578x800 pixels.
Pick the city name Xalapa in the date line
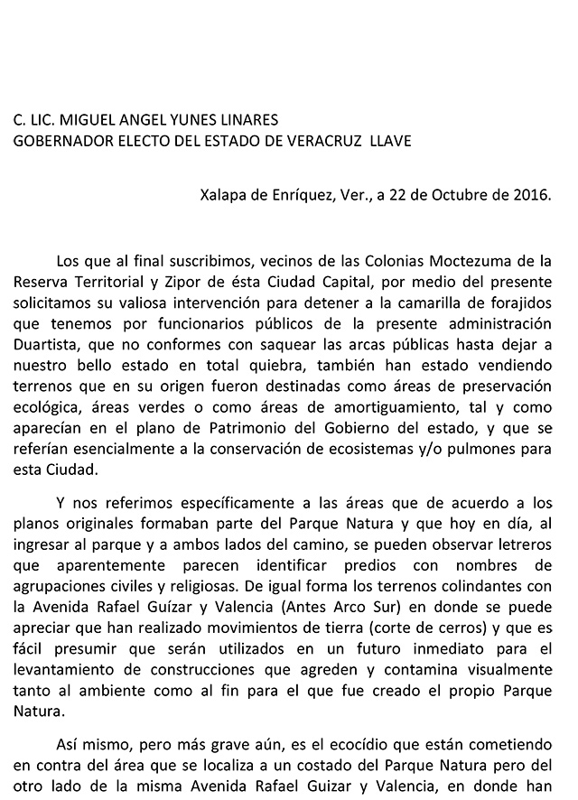tap(223, 194)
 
